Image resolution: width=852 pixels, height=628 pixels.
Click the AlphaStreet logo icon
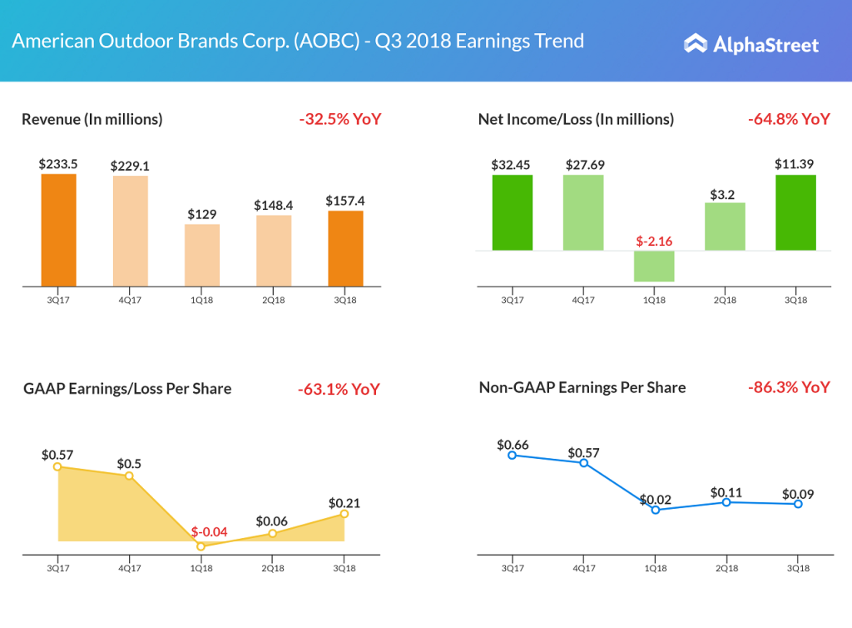point(696,43)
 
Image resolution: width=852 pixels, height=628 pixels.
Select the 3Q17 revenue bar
point(58,230)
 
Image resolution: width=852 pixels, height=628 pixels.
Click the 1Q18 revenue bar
point(202,255)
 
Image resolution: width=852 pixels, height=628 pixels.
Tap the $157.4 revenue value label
point(345,201)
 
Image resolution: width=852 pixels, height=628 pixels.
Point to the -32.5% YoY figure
point(339,119)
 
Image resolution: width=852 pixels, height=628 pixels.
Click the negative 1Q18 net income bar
point(654,266)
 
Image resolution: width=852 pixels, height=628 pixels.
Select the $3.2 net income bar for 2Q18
point(725,227)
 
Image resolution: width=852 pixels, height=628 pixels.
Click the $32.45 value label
point(512,165)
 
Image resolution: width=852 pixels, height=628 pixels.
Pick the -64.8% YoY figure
point(789,119)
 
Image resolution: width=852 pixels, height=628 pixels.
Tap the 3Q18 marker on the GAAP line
point(344,514)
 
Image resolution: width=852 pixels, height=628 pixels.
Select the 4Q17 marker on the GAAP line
point(129,476)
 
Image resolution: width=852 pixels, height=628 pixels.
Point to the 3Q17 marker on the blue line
point(513,455)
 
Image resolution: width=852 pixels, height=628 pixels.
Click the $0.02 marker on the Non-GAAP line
point(656,509)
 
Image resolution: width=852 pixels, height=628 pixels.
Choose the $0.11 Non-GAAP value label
point(726,492)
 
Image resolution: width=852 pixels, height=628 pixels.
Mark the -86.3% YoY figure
point(789,387)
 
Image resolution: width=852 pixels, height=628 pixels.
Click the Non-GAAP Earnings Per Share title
point(582,387)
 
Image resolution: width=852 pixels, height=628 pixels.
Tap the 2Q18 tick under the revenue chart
point(274,300)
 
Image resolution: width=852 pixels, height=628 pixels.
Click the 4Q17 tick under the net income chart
point(583,300)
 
